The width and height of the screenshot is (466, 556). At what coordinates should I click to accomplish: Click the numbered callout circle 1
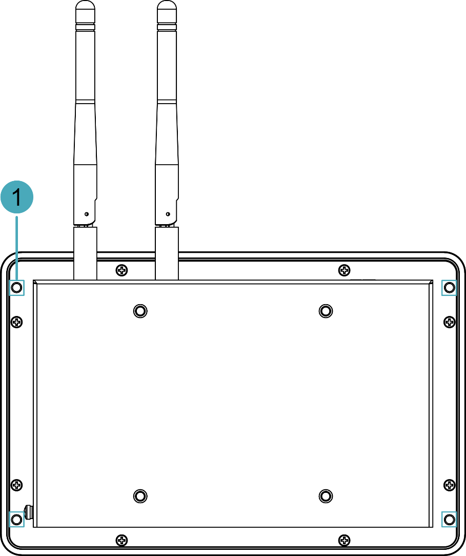pyautogui.click(x=17, y=197)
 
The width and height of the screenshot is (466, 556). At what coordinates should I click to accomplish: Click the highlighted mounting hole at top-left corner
pyautogui.click(x=16, y=287)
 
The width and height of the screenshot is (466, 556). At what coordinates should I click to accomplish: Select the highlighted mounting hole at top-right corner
pyautogui.click(x=450, y=287)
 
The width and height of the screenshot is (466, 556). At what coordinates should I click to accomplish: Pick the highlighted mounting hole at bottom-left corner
pyautogui.click(x=16, y=520)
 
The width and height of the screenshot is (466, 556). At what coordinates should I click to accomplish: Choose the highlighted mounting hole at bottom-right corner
pyautogui.click(x=450, y=520)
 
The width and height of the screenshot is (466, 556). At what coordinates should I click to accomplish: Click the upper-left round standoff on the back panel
pyautogui.click(x=140, y=311)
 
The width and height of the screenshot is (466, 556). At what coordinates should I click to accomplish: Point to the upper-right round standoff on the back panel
pyautogui.click(x=326, y=311)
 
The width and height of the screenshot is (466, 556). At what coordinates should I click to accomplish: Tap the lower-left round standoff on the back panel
pyautogui.click(x=140, y=496)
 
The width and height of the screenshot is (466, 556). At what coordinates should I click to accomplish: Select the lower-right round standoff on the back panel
pyautogui.click(x=326, y=496)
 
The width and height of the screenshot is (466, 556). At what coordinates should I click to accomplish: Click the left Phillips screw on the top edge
pyautogui.click(x=121, y=270)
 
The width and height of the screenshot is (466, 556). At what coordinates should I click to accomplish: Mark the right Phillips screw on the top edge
pyautogui.click(x=344, y=270)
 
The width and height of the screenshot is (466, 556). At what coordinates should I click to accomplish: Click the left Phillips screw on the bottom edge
pyautogui.click(x=121, y=541)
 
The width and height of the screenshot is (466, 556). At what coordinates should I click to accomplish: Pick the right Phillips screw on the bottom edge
pyautogui.click(x=344, y=541)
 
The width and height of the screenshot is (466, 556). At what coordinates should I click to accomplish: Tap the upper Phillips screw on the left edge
pyautogui.click(x=16, y=322)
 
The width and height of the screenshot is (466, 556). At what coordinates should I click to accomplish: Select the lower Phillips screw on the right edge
pyautogui.click(x=450, y=485)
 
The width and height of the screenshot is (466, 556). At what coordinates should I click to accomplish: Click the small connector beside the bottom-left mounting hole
pyautogui.click(x=29, y=512)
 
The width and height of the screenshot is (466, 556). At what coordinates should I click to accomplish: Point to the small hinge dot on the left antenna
pyautogui.click(x=87, y=214)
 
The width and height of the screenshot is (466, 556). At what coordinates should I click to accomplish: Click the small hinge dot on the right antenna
pyautogui.click(x=168, y=214)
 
